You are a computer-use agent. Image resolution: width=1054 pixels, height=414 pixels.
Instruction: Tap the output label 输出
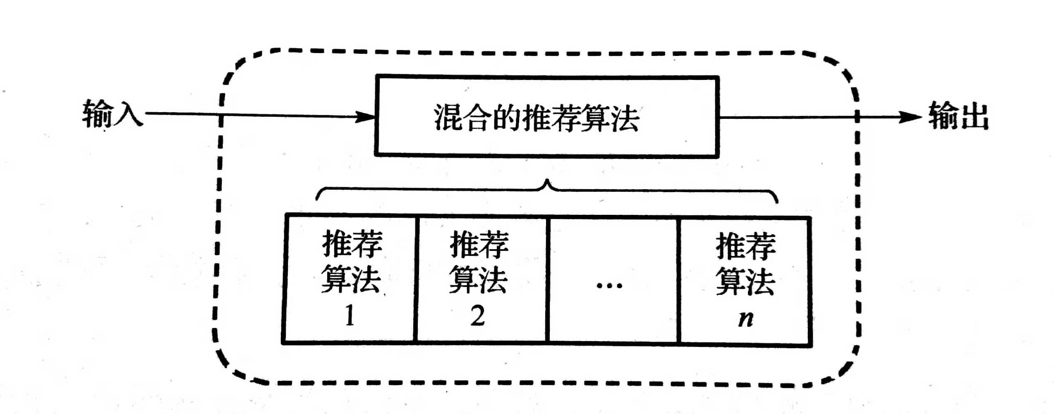pyautogui.click(x=958, y=116)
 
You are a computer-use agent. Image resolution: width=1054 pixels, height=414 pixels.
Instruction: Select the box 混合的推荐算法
pyautogui.click(x=546, y=116)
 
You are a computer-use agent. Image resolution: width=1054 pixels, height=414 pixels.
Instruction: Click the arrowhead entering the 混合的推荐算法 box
pyautogui.click(x=366, y=116)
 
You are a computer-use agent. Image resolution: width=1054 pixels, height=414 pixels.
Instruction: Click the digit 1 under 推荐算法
pyautogui.click(x=350, y=316)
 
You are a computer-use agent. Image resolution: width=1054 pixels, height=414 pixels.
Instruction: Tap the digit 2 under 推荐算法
pyautogui.click(x=477, y=316)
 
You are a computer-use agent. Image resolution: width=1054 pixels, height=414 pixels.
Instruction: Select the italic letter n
pyautogui.click(x=745, y=318)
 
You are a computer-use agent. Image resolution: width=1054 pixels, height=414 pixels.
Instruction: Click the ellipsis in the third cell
pyautogui.click(x=609, y=285)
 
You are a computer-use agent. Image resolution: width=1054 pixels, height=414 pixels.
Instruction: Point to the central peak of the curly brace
pyautogui.click(x=547, y=182)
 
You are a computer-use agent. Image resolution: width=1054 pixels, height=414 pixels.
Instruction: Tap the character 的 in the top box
pyautogui.click(x=507, y=118)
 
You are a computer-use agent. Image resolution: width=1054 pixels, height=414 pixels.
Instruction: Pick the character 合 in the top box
pyautogui.click(x=478, y=118)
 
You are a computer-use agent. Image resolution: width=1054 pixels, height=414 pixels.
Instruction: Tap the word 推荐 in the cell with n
pyautogui.click(x=745, y=246)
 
